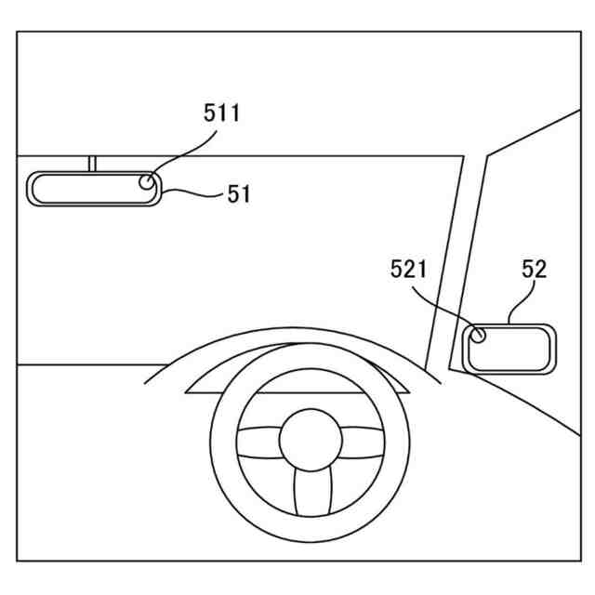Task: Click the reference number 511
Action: [222, 113]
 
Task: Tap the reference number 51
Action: [239, 194]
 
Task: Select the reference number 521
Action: [408, 270]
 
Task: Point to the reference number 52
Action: [534, 270]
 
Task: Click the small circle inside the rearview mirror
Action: [148, 181]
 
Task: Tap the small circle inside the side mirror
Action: [479, 335]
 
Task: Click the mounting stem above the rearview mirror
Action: [93, 164]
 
